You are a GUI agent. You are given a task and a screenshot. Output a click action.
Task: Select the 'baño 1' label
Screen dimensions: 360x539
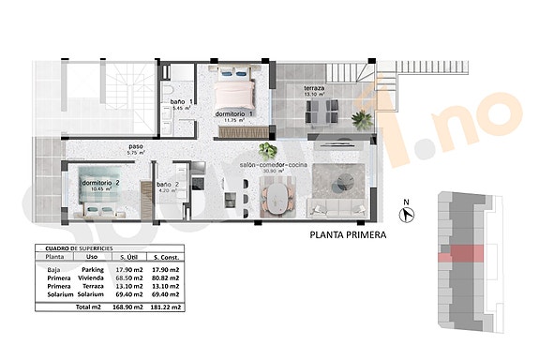[181, 102]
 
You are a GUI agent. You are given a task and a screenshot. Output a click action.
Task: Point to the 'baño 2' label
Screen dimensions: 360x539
[168, 185]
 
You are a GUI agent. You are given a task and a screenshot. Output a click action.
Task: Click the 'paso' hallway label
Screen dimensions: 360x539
[136, 147]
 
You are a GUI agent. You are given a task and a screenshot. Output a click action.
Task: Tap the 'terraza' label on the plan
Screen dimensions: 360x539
[314, 89]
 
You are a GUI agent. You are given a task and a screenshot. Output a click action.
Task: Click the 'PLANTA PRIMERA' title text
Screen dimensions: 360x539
[349, 237]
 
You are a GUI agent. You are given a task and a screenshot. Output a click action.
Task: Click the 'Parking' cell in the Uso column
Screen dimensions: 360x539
[92, 269]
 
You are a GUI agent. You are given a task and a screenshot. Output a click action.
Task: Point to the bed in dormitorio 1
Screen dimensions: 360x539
[236, 90]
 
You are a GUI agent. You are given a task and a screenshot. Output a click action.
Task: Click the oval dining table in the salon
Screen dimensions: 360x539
[276, 197]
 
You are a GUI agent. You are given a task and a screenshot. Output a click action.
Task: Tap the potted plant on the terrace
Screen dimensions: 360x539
[361, 119]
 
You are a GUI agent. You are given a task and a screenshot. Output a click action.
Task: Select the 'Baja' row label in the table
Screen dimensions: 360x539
[53, 269]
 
